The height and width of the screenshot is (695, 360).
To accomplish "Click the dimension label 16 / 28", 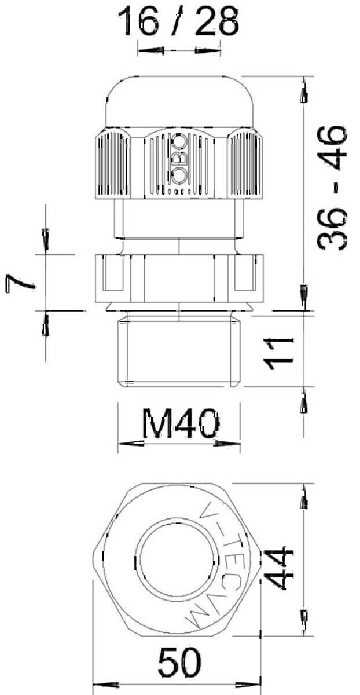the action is coord(178,21).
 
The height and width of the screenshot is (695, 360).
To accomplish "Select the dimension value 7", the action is coord(20,283).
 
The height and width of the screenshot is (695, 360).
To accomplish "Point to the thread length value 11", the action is coord(278,354).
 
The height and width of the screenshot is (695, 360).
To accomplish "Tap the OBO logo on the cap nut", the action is coord(179,162).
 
